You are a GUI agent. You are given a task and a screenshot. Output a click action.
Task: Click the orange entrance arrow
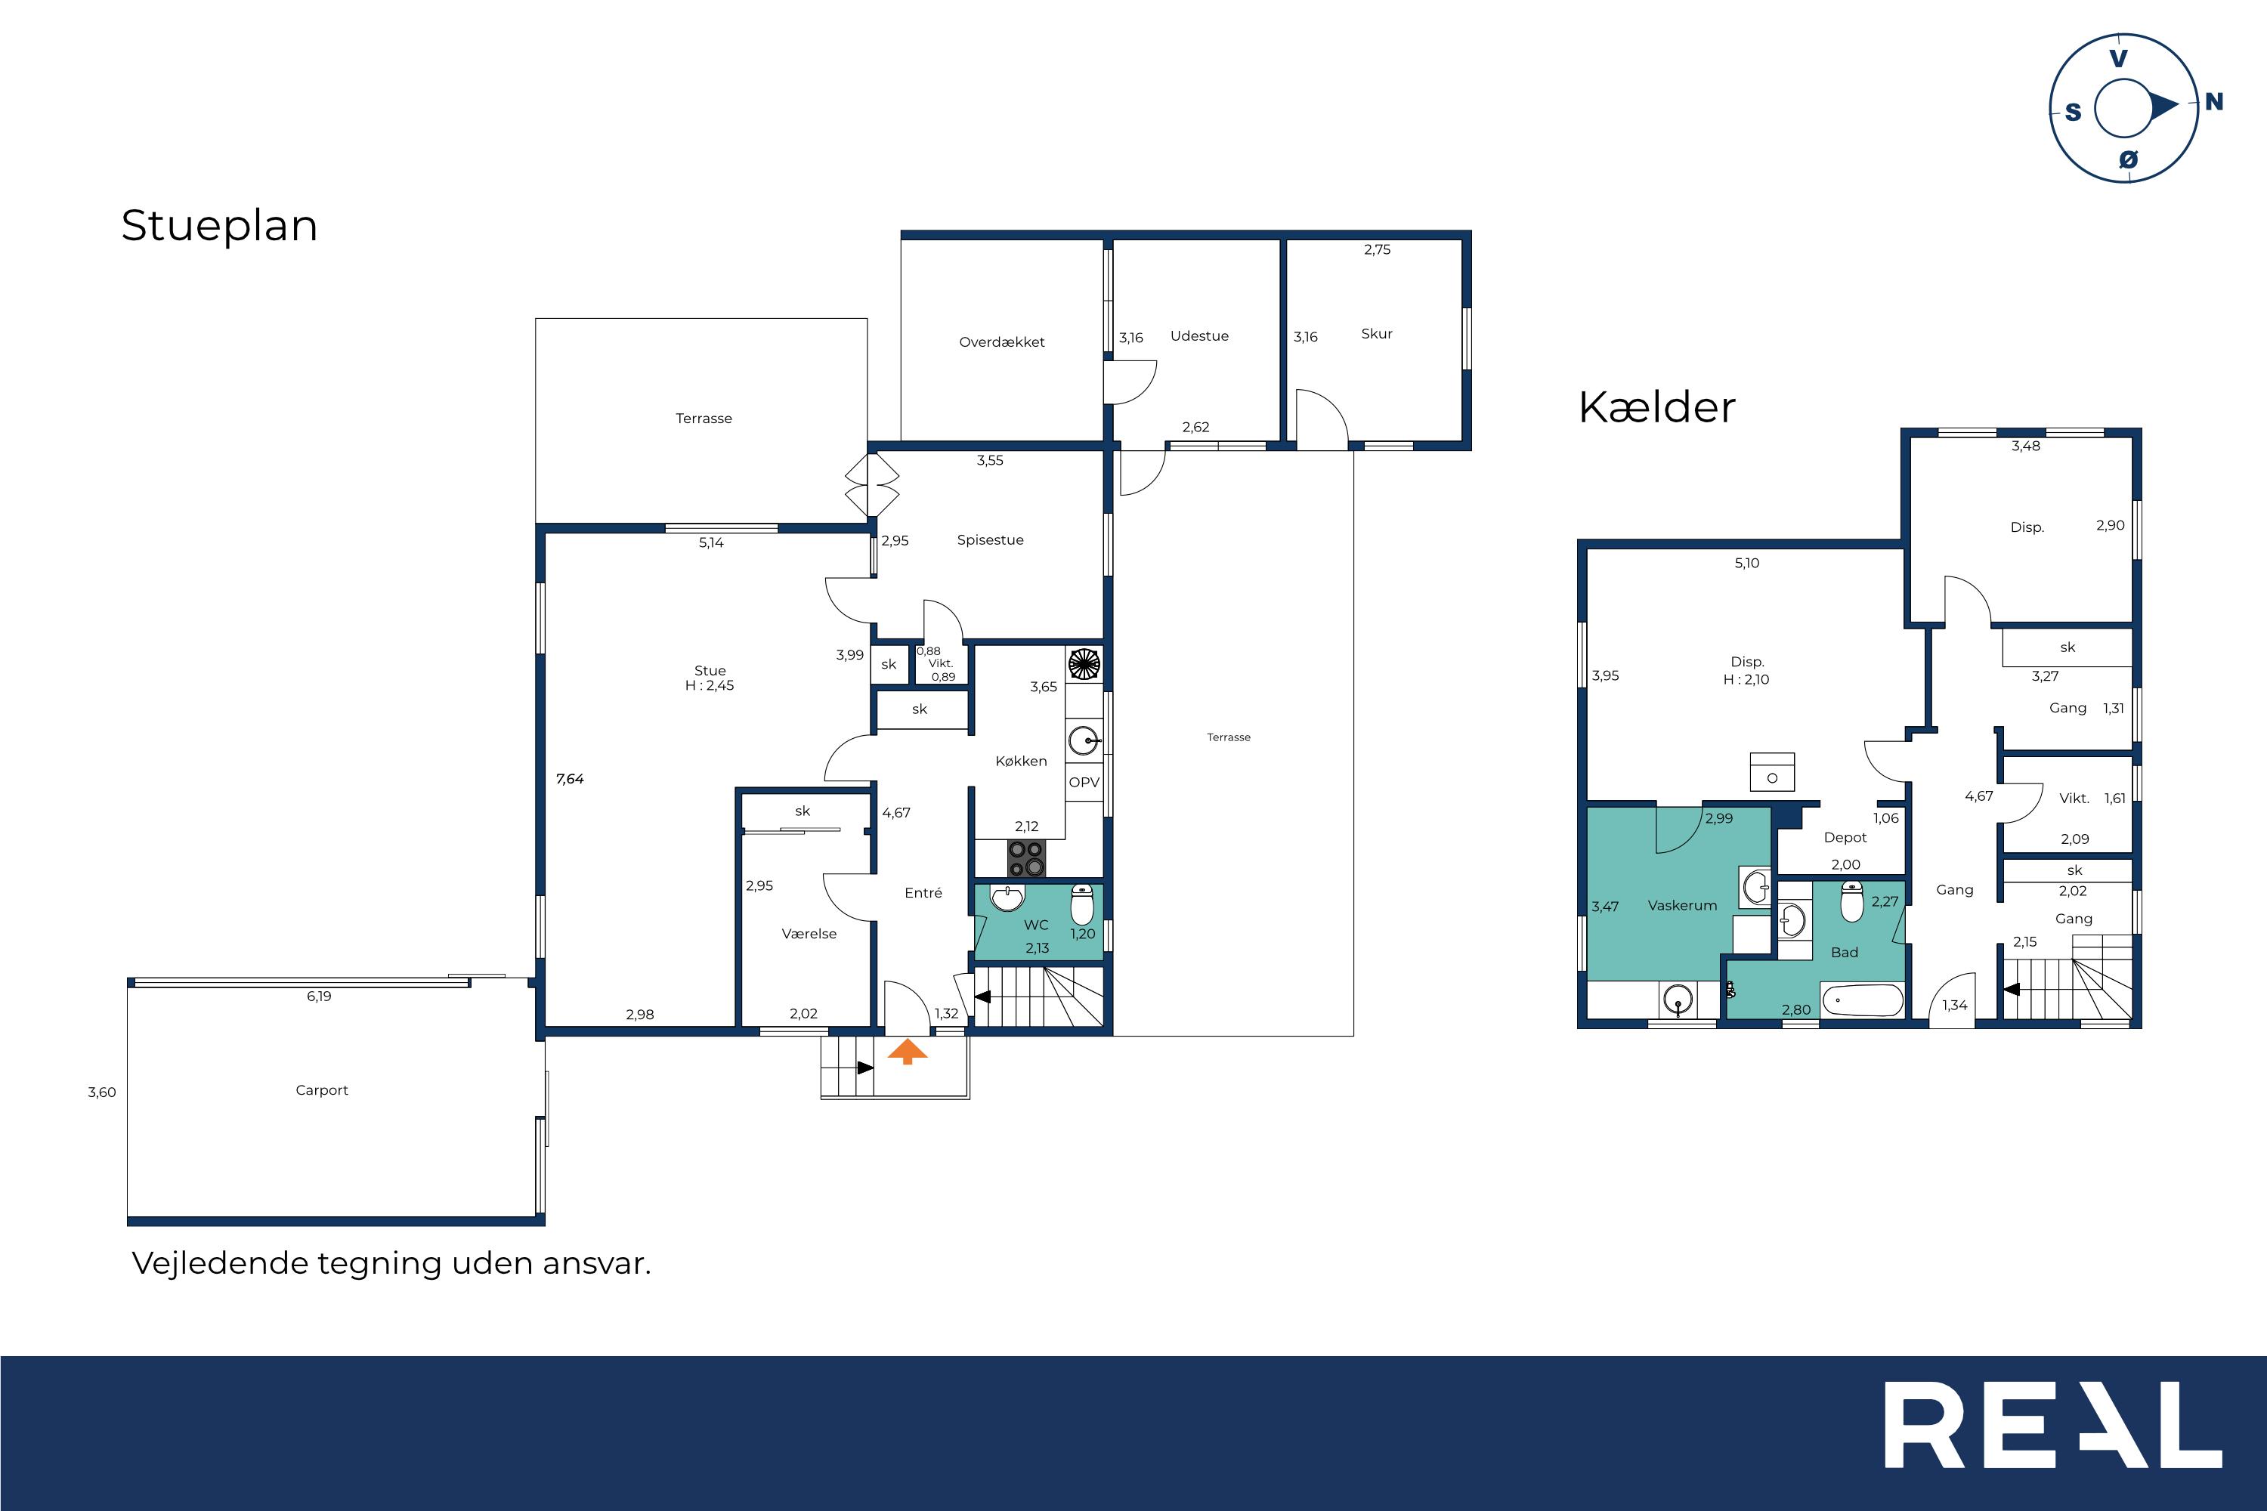(x=907, y=1052)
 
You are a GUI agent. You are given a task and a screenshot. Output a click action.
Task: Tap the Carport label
(x=322, y=1090)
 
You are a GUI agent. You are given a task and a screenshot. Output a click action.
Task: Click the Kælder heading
(x=1656, y=406)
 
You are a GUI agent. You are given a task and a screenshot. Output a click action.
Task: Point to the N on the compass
(x=2214, y=101)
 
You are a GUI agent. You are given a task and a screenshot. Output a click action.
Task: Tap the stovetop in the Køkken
(x=1026, y=858)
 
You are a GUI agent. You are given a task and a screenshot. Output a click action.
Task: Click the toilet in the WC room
(x=1082, y=905)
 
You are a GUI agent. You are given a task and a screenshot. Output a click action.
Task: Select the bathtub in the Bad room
(x=1862, y=1000)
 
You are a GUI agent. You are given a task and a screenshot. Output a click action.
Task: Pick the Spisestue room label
(x=990, y=539)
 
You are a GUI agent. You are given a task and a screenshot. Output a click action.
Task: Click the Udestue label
(x=1199, y=336)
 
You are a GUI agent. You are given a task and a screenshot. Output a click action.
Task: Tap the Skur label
(x=1376, y=333)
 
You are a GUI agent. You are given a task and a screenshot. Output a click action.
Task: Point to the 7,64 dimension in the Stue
(x=570, y=779)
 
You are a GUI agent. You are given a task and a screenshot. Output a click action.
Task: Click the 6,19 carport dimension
(x=319, y=997)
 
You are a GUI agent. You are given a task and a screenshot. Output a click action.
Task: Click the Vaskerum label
(x=1682, y=906)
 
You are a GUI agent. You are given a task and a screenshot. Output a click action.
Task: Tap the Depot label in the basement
(x=1845, y=837)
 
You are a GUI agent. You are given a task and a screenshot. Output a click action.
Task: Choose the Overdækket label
(x=1001, y=342)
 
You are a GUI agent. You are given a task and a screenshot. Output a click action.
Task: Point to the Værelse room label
(x=809, y=934)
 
